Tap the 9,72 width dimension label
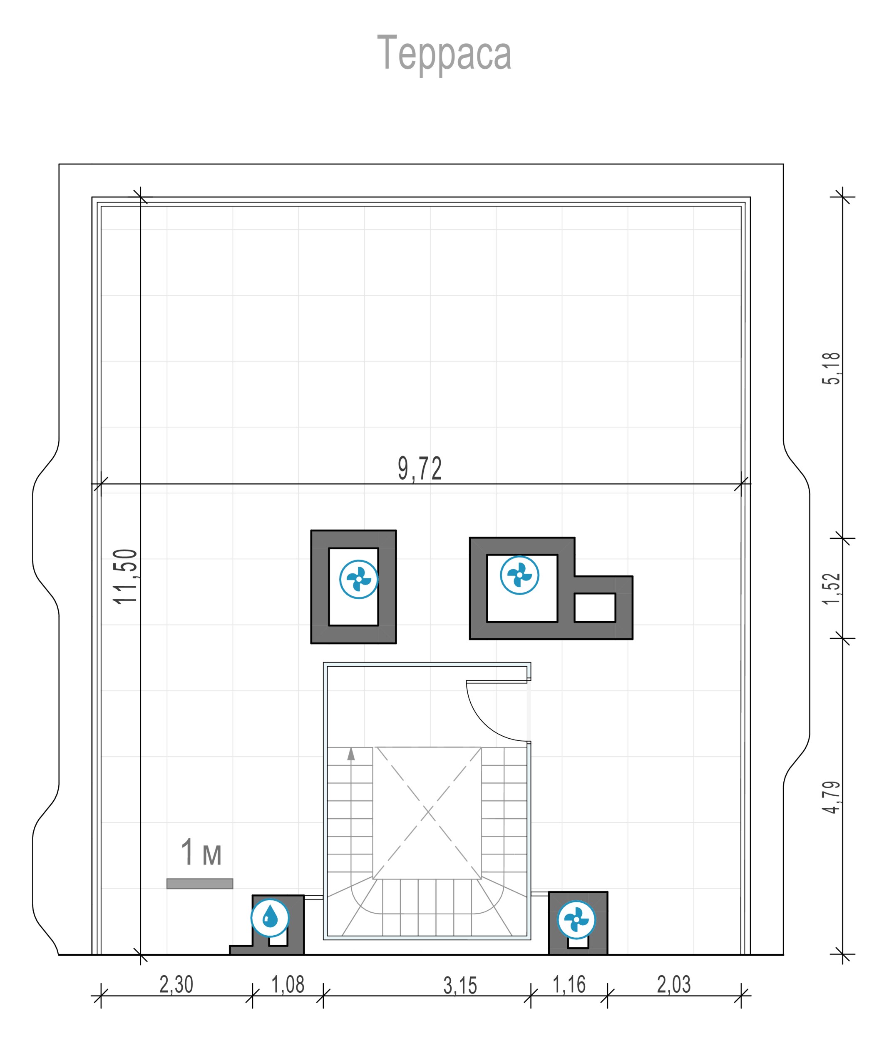[420, 469]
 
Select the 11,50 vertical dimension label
[125, 576]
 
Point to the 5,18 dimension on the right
[831, 369]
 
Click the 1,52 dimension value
[831, 588]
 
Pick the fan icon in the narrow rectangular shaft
[359, 579]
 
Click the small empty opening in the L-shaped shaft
[595, 608]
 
